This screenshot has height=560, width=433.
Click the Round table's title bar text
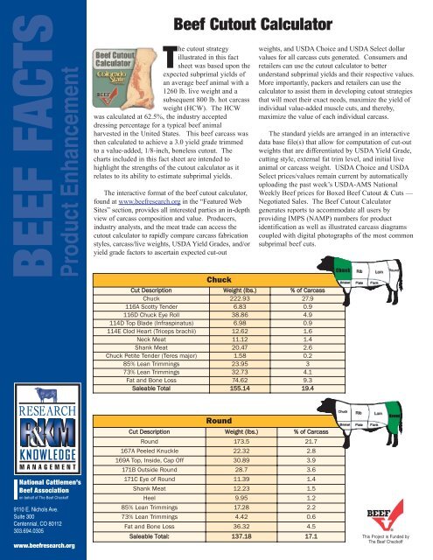click(x=218, y=421)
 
